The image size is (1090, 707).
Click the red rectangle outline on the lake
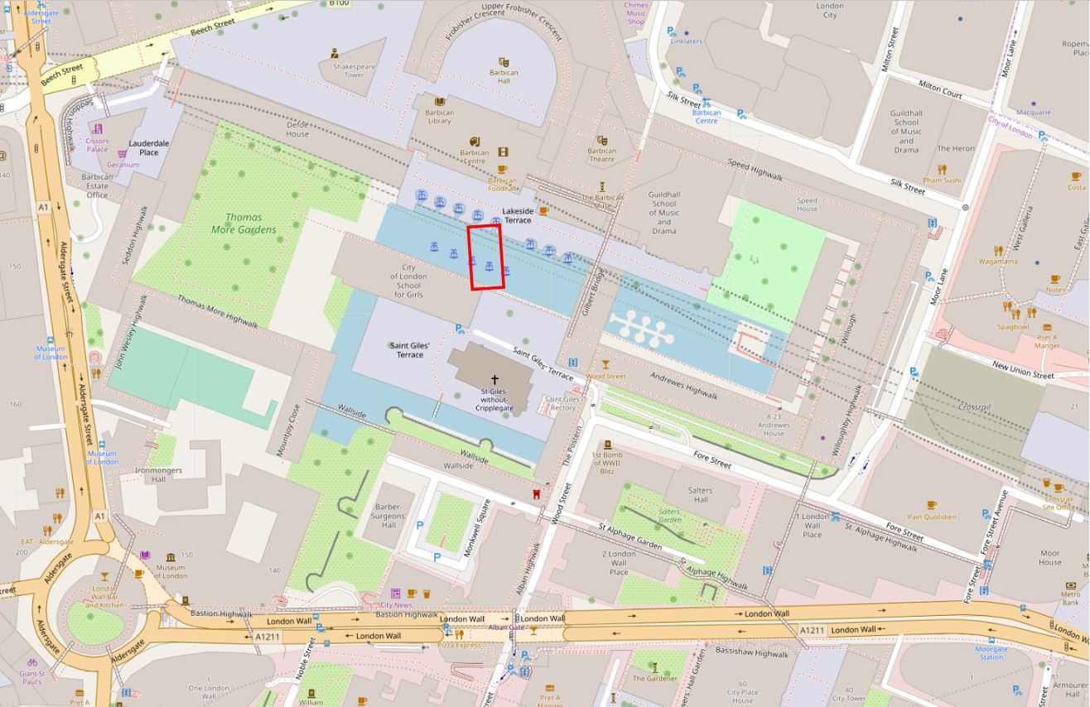pos(486,257)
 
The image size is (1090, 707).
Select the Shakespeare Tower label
pos(354,70)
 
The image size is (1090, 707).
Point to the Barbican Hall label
pos(504,77)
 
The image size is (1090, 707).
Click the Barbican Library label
pos(439,117)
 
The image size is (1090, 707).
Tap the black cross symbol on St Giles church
pos(495,378)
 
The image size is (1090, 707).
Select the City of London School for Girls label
pos(408,281)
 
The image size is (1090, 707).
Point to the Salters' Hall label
pos(701,494)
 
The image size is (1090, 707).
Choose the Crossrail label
pos(974,406)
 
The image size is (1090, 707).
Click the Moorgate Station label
pos(991,653)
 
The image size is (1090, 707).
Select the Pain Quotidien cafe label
pos(931,517)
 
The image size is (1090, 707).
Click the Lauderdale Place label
pos(149,147)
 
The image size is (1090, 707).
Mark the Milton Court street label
pos(940,89)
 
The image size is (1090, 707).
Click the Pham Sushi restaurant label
pos(941,180)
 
